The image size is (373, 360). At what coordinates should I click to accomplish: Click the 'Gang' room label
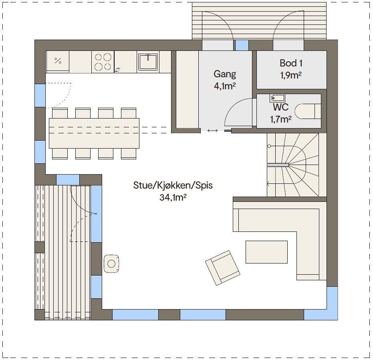pyautogui.click(x=225, y=74)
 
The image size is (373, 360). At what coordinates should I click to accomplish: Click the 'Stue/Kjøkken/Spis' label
pyautogui.click(x=173, y=186)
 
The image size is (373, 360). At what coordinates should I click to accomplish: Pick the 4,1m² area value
pyautogui.click(x=225, y=86)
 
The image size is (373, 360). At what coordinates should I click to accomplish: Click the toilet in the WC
pyautogui.click(x=308, y=111)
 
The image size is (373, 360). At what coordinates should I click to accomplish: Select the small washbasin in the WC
pyautogui.click(x=278, y=97)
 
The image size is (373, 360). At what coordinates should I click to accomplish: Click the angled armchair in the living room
pyautogui.click(x=222, y=267)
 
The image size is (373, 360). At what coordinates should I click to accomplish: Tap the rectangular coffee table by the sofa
pyautogui.click(x=266, y=252)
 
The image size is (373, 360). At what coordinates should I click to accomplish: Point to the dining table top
pyautogui.click(x=94, y=133)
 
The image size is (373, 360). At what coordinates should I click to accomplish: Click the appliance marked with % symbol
pyautogui.click(x=58, y=61)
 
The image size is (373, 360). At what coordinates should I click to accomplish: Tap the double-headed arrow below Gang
pyautogui.click(x=212, y=131)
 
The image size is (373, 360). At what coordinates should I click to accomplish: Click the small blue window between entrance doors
pyautogui.click(x=242, y=45)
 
